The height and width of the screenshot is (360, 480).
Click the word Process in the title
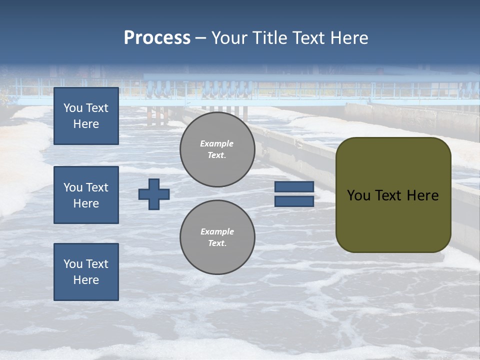(157, 38)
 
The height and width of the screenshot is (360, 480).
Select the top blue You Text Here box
(86, 116)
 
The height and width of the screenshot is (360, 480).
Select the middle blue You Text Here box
(86, 195)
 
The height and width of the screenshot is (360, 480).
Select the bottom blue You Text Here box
(86, 272)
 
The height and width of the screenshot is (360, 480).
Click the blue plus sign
(154, 194)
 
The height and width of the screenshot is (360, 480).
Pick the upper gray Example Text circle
(217, 149)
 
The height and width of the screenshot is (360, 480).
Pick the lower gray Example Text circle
(217, 237)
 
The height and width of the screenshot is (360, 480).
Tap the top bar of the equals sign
(294, 187)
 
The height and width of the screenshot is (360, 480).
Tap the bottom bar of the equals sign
(294, 201)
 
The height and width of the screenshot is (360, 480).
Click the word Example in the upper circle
(216, 143)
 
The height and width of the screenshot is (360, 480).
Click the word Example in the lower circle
(217, 231)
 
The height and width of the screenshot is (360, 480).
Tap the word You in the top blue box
(72, 108)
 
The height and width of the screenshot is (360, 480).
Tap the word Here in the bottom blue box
(86, 280)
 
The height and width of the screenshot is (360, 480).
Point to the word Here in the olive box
(422, 195)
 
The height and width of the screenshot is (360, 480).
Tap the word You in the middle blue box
(72, 187)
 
